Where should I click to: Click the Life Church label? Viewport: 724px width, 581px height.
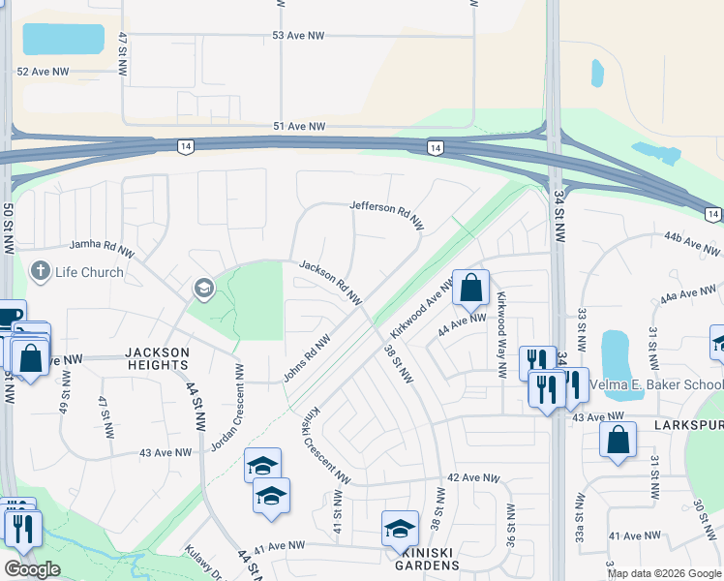89,272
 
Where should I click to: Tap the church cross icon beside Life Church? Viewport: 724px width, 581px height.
40,270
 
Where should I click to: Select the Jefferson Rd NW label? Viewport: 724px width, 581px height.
386,213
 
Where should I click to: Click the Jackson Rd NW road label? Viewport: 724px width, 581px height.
330,280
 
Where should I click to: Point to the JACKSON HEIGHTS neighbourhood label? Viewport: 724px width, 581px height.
156,358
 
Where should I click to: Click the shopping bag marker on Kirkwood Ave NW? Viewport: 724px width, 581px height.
470,288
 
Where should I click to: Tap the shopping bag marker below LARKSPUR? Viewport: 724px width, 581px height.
618,441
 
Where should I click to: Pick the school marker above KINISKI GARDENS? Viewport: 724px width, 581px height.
400,529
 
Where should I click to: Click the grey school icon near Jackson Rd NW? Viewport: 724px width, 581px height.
203,288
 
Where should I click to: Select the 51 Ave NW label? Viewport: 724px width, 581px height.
299,127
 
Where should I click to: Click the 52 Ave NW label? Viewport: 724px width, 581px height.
44,73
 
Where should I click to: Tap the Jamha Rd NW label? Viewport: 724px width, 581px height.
101,249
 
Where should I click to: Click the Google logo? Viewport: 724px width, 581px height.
31,569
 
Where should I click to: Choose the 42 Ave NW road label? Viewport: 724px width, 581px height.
473,478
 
